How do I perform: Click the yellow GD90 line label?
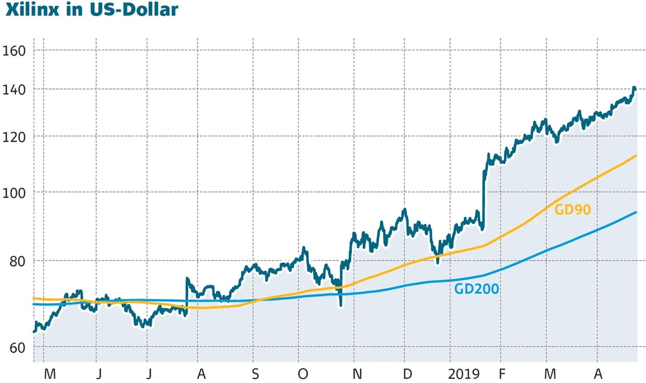click(x=573, y=209)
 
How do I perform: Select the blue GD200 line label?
click(x=476, y=289)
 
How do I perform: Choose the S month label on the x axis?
click(x=256, y=375)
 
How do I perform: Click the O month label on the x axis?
click(x=302, y=375)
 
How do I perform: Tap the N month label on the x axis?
click(x=357, y=375)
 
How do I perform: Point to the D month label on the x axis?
click(x=408, y=375)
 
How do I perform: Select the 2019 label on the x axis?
click(x=463, y=375)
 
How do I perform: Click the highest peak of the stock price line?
click(x=634, y=88)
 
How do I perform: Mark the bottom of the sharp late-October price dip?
click(x=340, y=305)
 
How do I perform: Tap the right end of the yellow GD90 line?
click(x=636, y=156)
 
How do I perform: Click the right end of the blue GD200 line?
click(x=636, y=212)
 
